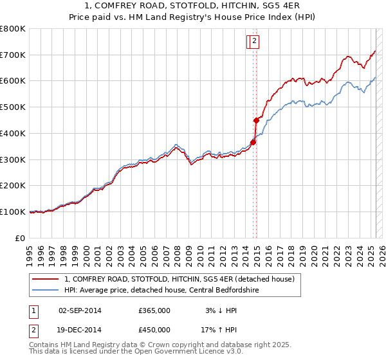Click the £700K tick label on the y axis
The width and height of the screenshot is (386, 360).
point(13,55)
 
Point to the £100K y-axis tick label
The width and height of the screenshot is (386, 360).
point(13,212)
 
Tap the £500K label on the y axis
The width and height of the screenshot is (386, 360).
point(13,107)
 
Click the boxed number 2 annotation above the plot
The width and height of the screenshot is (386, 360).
point(254,42)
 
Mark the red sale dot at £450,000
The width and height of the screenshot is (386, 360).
point(256,120)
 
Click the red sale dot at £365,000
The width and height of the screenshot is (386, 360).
point(253,142)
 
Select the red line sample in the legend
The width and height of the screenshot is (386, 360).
point(45,279)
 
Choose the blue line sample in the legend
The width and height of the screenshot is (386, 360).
point(45,289)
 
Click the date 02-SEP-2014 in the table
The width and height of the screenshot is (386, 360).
point(80,310)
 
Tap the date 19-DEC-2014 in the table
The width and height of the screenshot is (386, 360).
point(80,329)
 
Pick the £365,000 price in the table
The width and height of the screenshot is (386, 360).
point(154,310)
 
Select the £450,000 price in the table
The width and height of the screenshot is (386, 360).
point(154,329)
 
